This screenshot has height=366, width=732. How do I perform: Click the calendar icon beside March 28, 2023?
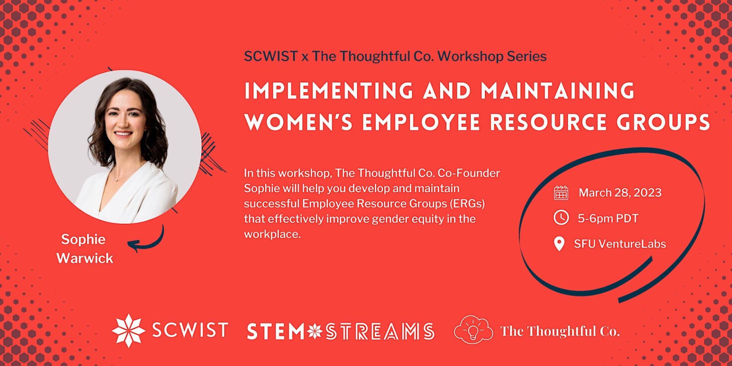click(x=561, y=193)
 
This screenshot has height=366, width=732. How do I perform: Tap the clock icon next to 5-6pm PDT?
click(x=561, y=218)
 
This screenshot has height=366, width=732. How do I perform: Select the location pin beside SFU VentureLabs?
click(x=559, y=244)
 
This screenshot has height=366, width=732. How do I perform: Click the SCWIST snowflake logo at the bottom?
click(x=128, y=331)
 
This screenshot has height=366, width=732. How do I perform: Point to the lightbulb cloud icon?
click(x=473, y=330)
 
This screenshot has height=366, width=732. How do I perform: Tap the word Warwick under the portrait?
click(x=85, y=258)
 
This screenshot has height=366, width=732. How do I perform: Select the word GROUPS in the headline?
click(x=663, y=123)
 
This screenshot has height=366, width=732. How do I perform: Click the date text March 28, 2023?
click(x=620, y=193)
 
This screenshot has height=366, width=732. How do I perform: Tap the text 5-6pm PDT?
click(x=608, y=218)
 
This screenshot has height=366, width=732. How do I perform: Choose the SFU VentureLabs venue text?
click(x=620, y=244)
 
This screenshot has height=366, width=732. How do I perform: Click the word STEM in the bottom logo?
click(x=275, y=331)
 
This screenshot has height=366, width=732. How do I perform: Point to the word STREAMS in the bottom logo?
click(x=380, y=331)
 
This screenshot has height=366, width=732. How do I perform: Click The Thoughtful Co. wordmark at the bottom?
click(x=560, y=331)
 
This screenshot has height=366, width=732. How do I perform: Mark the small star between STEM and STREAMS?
click(x=315, y=331)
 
